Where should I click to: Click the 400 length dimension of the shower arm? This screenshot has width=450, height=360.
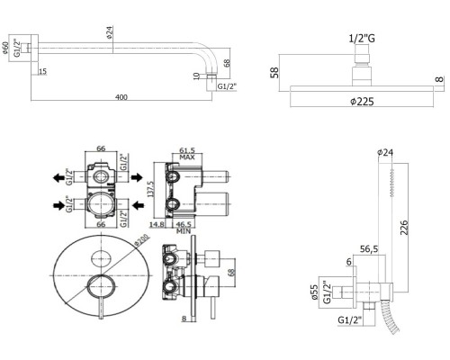(x=121, y=97)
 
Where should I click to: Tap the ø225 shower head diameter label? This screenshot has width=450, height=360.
(x=362, y=102)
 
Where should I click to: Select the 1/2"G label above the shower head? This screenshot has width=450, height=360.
(x=362, y=39)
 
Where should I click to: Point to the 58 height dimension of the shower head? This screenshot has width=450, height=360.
(x=274, y=73)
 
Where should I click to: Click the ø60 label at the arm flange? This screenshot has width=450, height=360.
(x=4, y=48)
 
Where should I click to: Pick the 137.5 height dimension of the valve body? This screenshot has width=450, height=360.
(x=152, y=189)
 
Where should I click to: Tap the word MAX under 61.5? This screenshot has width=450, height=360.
(x=187, y=157)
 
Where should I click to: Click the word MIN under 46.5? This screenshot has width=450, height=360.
(x=184, y=231)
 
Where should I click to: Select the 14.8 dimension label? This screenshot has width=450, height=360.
(x=157, y=224)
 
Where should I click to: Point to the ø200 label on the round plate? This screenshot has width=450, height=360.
(x=142, y=240)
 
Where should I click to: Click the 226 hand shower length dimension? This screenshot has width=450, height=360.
(x=404, y=227)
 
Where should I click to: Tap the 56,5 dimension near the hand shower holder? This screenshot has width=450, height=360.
(x=369, y=248)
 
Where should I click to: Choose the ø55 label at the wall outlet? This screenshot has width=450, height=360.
(x=314, y=292)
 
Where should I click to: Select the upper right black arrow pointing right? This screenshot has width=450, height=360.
(x=137, y=177)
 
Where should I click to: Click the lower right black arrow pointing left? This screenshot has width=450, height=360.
(x=138, y=205)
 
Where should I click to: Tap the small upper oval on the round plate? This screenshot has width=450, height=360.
(x=102, y=258)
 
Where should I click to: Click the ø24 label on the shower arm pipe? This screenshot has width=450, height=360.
(x=109, y=32)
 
